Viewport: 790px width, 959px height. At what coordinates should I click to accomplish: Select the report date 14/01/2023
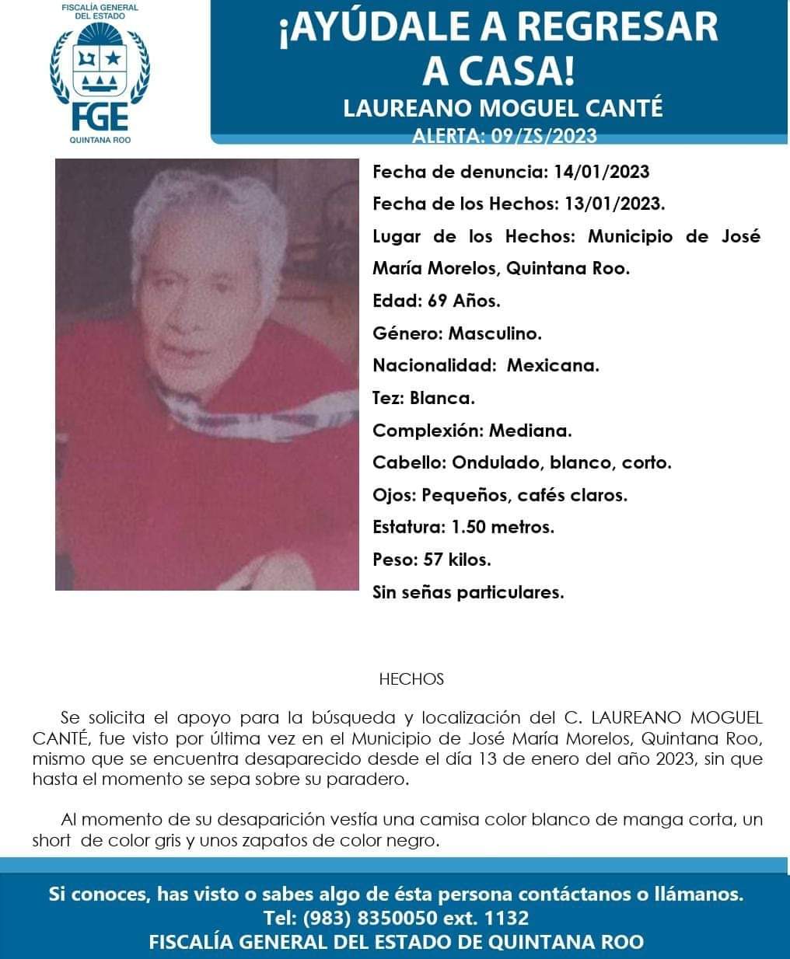click(x=601, y=172)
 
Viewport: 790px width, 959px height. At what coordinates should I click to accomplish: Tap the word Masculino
click(x=495, y=334)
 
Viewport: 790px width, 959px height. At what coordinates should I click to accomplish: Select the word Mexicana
click(x=553, y=366)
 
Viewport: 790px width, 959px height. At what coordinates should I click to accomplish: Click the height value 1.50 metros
click(x=503, y=528)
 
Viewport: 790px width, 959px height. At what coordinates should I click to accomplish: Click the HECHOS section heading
click(x=411, y=679)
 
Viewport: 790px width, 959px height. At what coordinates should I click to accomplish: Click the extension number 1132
click(x=506, y=918)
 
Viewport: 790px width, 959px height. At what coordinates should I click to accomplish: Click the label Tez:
click(x=388, y=399)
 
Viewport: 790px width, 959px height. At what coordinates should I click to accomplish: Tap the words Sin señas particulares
click(x=468, y=592)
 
